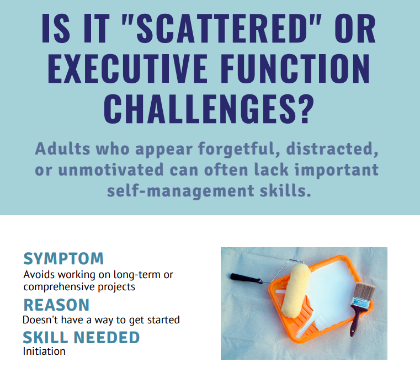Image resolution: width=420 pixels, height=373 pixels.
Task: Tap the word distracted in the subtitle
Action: (x=323, y=150)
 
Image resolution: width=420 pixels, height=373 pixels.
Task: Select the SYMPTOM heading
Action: (x=63, y=258)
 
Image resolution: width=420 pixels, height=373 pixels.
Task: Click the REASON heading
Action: (x=56, y=305)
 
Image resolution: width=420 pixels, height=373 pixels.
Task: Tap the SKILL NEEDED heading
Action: (x=81, y=337)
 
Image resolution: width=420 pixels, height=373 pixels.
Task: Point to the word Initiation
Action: (x=44, y=351)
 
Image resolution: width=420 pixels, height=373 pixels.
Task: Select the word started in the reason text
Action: (x=162, y=319)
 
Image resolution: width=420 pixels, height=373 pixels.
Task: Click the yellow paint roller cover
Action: (x=296, y=290)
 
